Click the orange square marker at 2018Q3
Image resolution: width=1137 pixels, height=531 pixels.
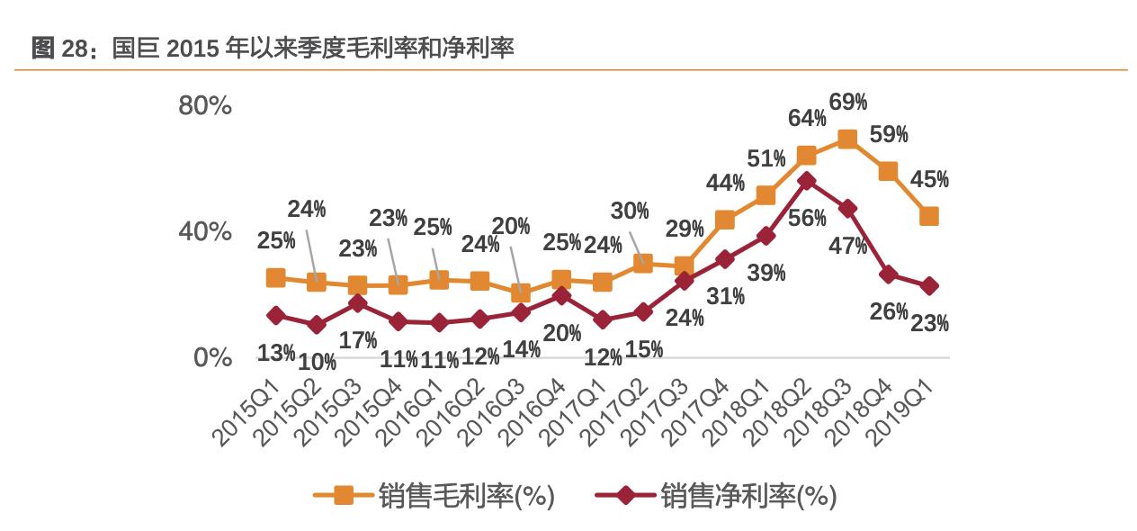[846, 139]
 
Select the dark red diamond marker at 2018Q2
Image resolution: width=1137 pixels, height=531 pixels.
[807, 181]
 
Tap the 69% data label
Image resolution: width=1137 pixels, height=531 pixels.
[847, 102]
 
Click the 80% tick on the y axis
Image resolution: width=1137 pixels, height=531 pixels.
[205, 105]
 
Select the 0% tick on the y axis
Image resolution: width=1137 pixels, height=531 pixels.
[212, 357]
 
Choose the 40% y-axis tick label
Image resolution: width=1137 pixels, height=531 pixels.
[205, 231]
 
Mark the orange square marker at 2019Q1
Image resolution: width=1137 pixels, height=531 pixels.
[928, 216]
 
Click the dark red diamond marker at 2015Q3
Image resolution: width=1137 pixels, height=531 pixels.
[357, 303]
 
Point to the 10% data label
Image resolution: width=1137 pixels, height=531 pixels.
[318, 362]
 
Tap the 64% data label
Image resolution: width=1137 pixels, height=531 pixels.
[807, 118]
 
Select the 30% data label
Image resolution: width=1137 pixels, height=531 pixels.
[630, 211]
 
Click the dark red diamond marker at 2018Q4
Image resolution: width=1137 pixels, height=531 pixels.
[888, 274]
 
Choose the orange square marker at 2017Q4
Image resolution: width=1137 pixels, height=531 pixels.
[725, 220]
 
